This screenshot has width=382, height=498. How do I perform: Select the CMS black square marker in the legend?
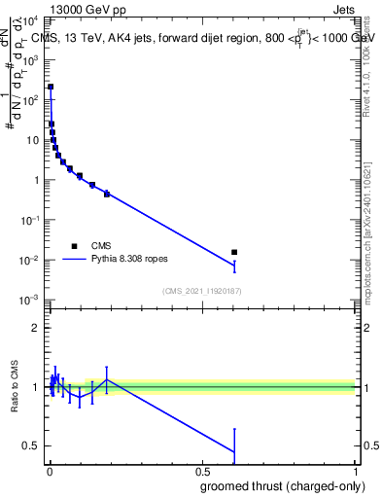(x=74, y=246)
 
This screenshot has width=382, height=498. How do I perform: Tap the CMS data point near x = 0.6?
(x=234, y=252)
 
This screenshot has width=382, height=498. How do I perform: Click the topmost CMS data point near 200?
(x=51, y=87)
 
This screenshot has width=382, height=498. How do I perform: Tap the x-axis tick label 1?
(x=356, y=472)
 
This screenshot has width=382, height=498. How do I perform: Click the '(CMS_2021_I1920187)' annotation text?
(x=201, y=291)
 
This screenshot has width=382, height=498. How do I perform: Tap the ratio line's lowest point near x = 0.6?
(x=234, y=451)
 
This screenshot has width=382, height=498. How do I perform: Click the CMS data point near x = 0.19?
(x=107, y=194)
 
